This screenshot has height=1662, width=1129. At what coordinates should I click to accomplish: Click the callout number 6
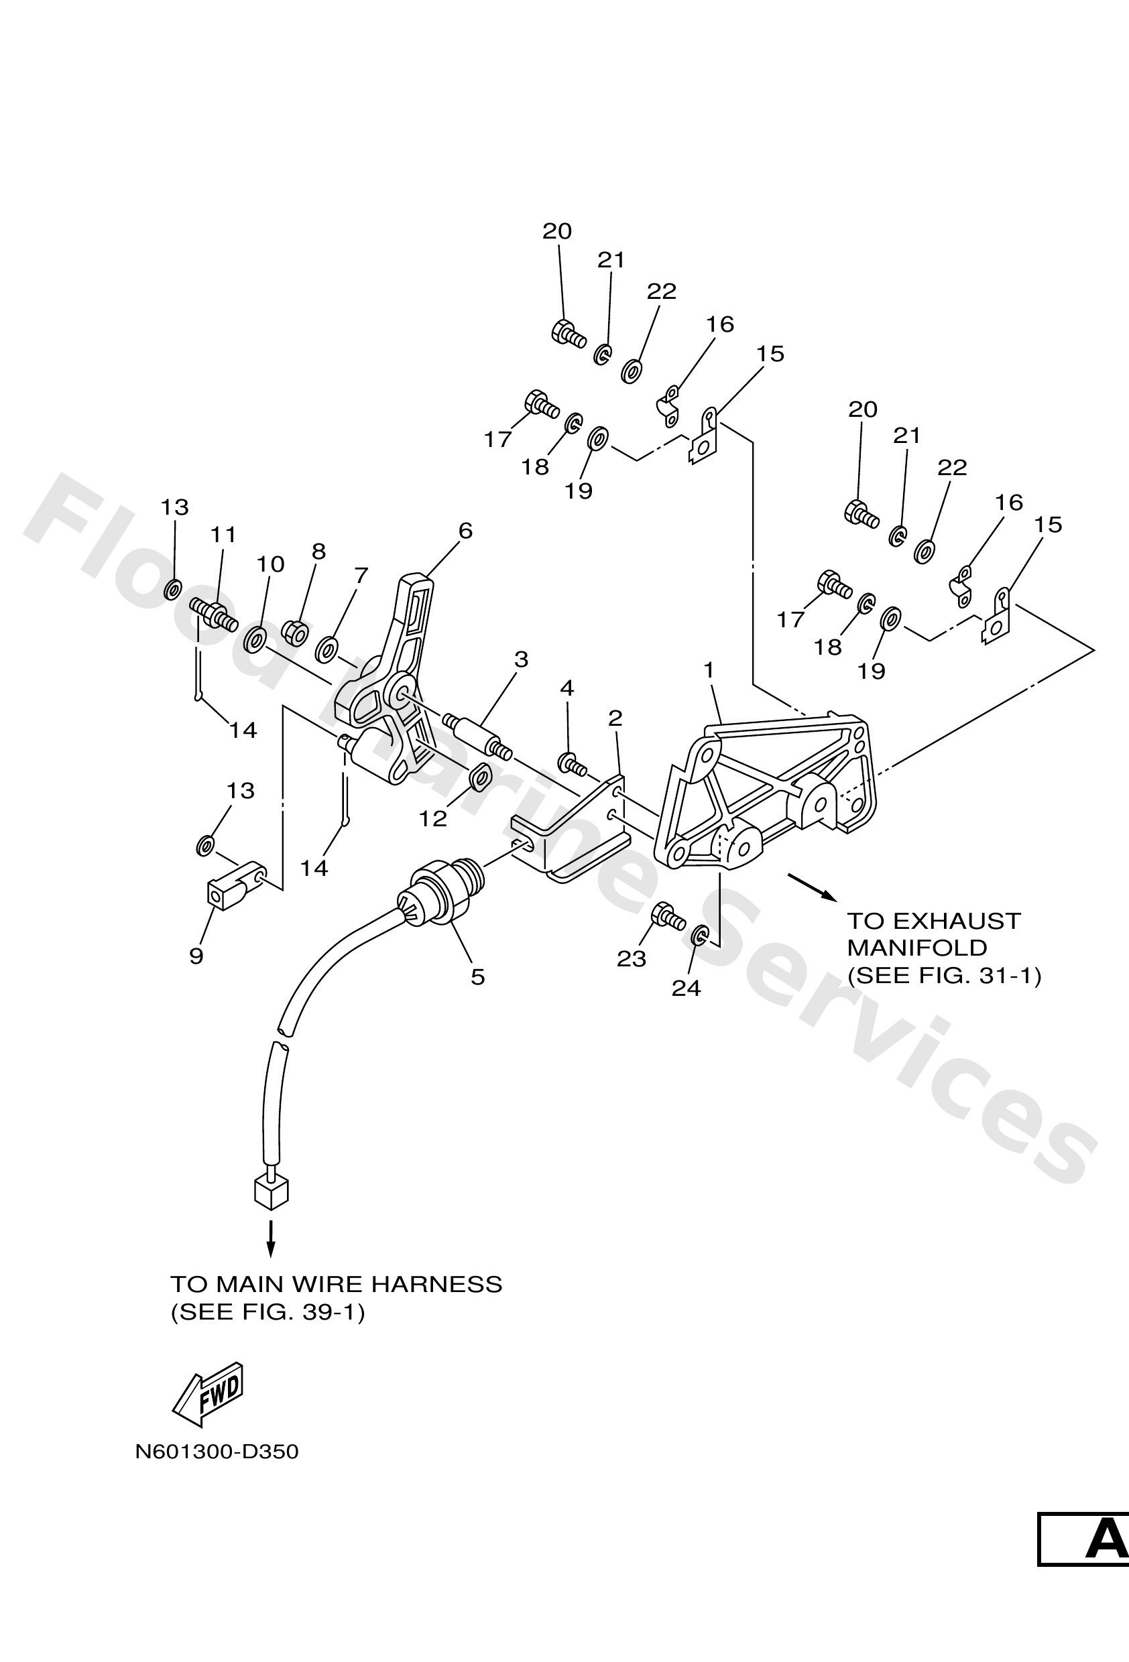coord(466,531)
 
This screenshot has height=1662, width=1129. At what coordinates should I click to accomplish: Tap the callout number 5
coord(478,977)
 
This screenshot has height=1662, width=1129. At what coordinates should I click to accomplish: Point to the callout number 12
coord(433,818)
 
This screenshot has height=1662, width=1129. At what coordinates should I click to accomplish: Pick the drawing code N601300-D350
coord(217,1452)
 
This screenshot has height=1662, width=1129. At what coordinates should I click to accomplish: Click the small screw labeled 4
coord(573,764)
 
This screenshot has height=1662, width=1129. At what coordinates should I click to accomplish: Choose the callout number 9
coord(196,956)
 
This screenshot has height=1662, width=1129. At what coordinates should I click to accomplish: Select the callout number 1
coord(709,670)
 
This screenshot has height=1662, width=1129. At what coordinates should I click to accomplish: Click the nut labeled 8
coord(296,632)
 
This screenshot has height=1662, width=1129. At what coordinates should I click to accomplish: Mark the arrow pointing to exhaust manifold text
coord(811,885)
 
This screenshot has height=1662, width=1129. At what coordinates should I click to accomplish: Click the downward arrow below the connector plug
coord(270,1238)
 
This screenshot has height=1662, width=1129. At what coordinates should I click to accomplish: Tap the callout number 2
coord(615,718)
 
